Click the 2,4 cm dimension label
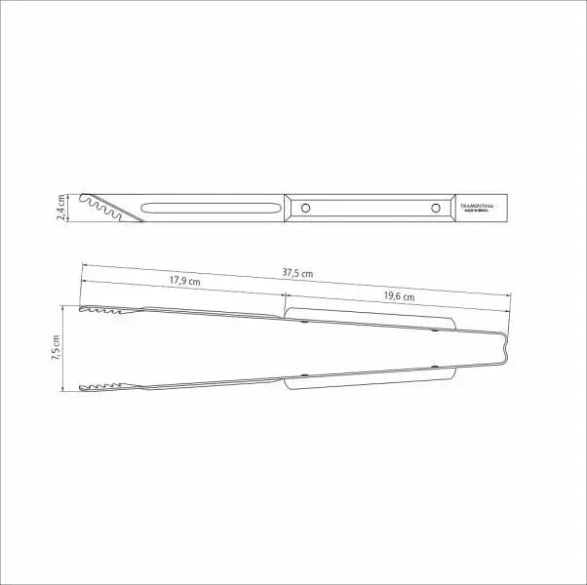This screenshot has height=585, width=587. [60, 207]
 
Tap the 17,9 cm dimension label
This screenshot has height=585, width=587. [184, 281]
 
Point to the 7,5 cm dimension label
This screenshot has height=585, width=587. [56, 348]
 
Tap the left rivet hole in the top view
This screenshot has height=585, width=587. [306, 208]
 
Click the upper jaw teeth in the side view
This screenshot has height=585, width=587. [100, 311]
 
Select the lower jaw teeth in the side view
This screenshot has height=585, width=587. [100, 388]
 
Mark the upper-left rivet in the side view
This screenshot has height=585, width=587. [305, 321]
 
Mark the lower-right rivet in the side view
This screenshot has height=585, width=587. [435, 368]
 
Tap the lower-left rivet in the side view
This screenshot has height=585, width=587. [305, 375]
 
